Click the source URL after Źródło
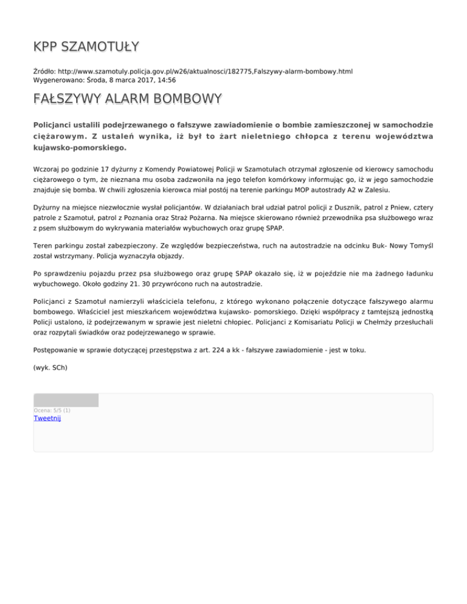(x=208, y=71)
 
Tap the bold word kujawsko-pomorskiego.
(x=80, y=147)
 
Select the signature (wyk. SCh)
(x=50, y=367)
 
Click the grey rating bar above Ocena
(x=66, y=400)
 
